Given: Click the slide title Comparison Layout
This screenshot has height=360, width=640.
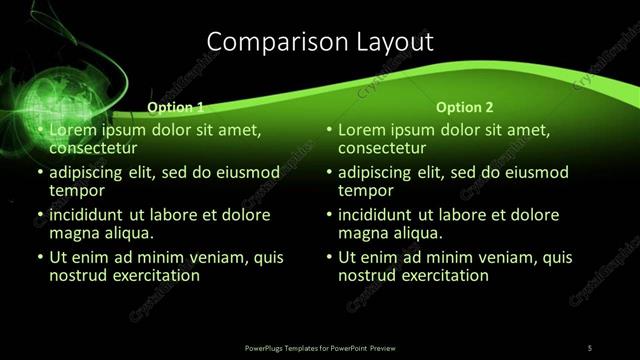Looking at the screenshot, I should tap(320, 41).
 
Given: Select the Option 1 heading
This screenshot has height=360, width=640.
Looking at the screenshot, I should tap(175, 107).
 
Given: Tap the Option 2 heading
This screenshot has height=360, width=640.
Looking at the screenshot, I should tap(465, 107).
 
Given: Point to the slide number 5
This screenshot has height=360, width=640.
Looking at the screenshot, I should tap(590, 347).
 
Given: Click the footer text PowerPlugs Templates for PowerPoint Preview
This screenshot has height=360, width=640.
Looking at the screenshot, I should tap(320, 347).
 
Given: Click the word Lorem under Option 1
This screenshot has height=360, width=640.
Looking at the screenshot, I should tap(73, 130).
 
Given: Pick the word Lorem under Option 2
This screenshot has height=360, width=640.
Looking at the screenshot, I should tap(363, 130).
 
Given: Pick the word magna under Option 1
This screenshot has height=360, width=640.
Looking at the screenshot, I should tap(75, 233).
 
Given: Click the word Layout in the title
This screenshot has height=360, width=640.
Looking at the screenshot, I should tap(394, 41).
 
